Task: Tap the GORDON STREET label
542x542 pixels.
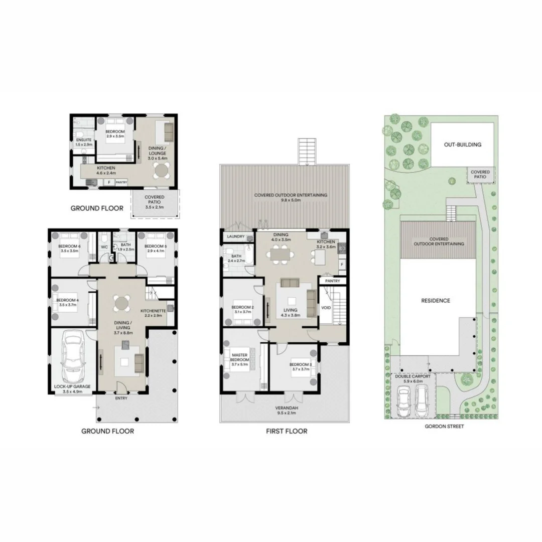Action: tap(444, 427)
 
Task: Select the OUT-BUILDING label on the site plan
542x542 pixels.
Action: tap(462, 145)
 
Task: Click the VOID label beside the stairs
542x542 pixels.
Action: tap(326, 307)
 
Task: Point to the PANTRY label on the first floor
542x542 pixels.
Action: tap(332, 281)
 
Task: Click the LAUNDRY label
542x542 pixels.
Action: tap(235, 236)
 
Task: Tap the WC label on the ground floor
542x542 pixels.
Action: tap(104, 247)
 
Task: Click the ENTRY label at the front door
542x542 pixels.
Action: tap(121, 398)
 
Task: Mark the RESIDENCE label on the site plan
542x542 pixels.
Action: tap(435, 301)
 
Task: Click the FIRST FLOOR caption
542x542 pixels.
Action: tap(287, 431)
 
